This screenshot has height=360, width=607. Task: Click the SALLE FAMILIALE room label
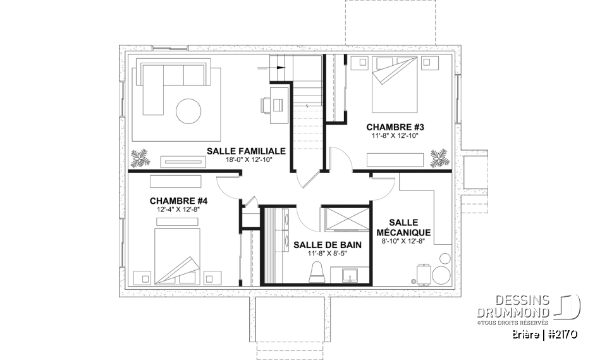[x=246, y=151]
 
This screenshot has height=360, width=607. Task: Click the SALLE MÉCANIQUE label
[x=403, y=228]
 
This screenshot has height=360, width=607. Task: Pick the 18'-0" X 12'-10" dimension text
[x=246, y=160]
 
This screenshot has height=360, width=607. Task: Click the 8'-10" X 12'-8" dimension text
[x=403, y=241]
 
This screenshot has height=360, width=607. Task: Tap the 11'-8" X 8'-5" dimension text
[x=322, y=254]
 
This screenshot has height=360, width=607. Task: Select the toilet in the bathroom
[x=316, y=271]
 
